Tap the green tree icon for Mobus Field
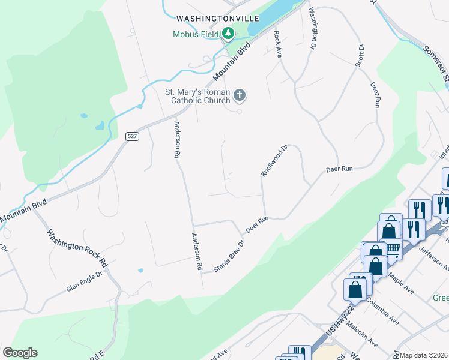point(228,34)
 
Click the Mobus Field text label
point(196,34)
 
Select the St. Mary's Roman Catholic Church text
point(197,97)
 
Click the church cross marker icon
point(239,95)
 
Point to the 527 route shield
point(133,136)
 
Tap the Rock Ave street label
point(278,44)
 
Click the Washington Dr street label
point(313,28)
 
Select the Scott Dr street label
point(361,55)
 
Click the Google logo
point(20,353)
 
